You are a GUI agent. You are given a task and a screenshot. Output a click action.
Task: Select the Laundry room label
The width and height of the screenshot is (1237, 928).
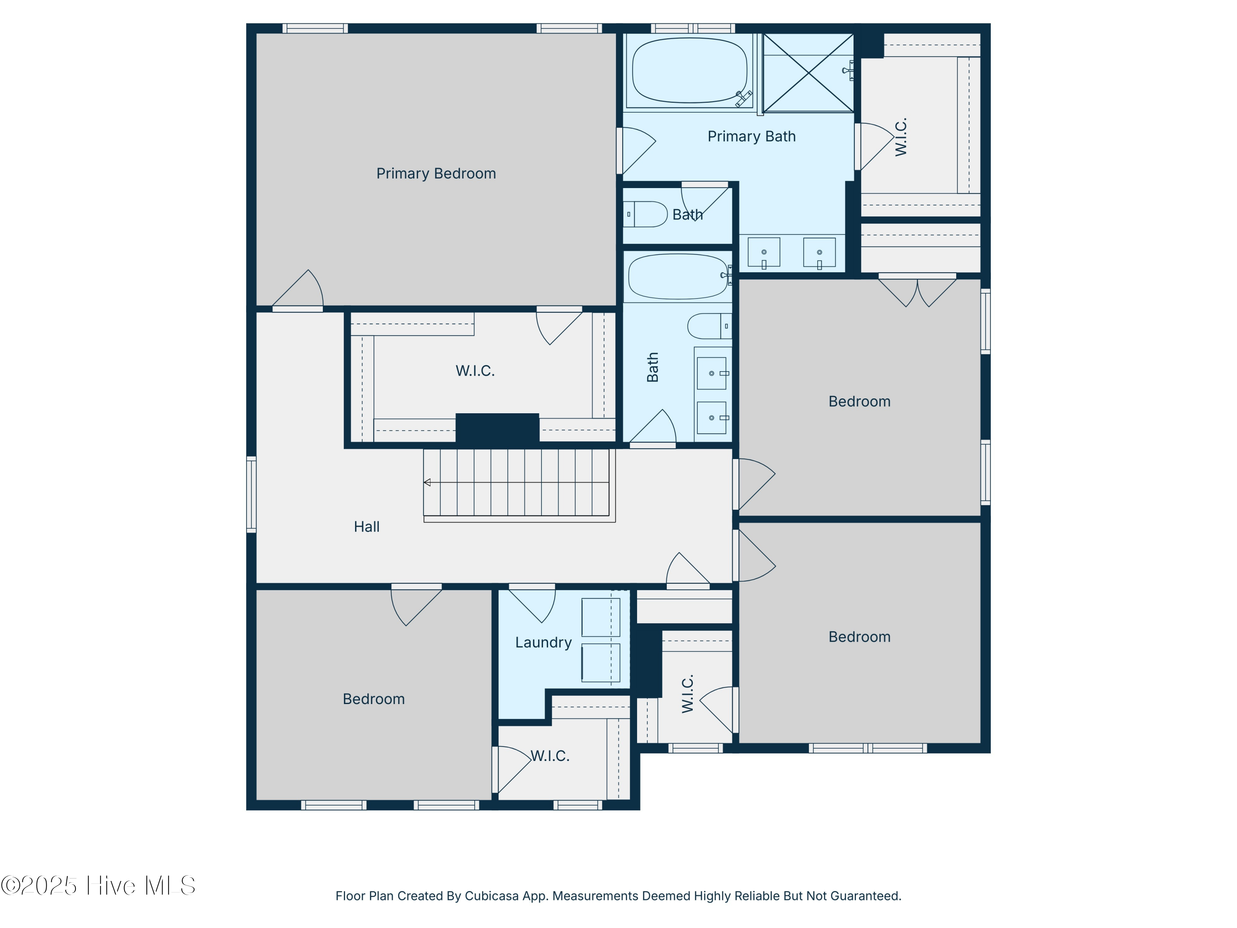(x=543, y=642)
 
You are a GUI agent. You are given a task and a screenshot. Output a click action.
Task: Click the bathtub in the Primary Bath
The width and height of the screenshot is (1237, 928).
(x=689, y=71)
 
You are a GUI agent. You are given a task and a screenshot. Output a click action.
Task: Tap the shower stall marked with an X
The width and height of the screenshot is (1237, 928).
(x=808, y=73)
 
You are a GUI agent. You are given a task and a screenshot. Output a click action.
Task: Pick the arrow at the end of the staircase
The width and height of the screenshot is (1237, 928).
(x=427, y=482)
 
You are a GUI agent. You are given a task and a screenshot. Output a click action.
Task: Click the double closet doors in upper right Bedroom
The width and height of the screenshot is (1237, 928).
(x=917, y=291)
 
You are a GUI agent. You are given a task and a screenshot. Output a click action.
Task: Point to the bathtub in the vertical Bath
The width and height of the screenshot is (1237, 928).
(x=678, y=276)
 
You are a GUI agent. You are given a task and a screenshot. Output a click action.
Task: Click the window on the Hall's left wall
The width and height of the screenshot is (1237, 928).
(x=252, y=494)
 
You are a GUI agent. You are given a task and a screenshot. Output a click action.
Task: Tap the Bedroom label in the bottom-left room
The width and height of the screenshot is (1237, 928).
(x=374, y=699)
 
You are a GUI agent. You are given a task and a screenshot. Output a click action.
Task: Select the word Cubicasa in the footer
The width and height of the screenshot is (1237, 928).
(x=491, y=896)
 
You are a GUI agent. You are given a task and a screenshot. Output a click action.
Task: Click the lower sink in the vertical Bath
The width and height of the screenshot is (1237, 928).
(x=712, y=418)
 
